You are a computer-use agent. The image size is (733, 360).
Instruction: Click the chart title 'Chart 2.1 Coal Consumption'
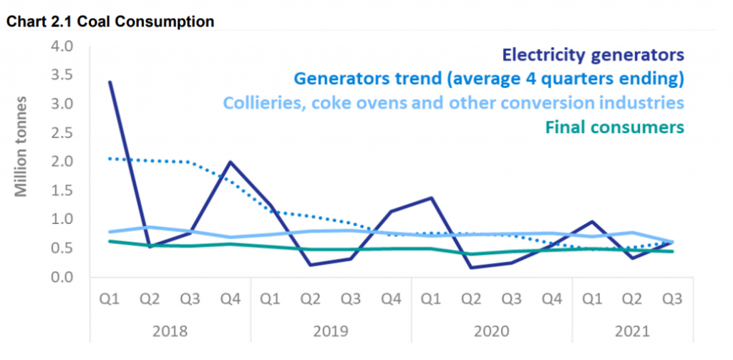(110, 21)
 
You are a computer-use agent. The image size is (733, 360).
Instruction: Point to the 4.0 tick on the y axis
(63, 47)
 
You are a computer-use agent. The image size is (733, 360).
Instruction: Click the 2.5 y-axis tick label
(63, 133)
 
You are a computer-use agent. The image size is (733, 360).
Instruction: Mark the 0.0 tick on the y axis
(63, 277)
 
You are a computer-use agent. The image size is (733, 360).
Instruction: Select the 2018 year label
(170, 331)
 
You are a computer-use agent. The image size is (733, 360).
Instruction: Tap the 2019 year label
(331, 331)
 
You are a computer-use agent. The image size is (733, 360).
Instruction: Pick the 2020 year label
(492, 331)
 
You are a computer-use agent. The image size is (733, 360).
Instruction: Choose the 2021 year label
(632, 331)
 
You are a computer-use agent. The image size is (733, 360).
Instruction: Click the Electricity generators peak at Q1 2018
(110, 82)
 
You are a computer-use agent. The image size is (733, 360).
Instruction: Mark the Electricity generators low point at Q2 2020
(472, 268)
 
